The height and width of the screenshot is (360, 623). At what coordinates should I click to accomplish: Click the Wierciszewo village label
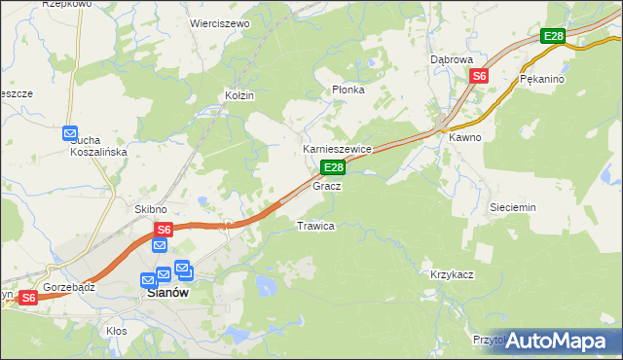pyautogui.click(x=220, y=22)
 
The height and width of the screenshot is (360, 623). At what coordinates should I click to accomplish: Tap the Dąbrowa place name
pyautogui.click(x=452, y=59)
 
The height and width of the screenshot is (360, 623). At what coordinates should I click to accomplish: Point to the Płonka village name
pyautogui.click(x=348, y=90)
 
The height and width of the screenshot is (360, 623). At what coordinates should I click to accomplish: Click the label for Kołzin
pyautogui.click(x=239, y=95)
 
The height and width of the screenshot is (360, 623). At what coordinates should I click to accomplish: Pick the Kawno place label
pyautogui.click(x=465, y=137)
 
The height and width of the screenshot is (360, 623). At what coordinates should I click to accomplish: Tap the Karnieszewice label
pyautogui.click(x=337, y=149)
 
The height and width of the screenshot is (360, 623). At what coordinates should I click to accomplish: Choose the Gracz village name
pyautogui.click(x=326, y=185)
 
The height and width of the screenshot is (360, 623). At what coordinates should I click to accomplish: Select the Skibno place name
pyautogui.click(x=151, y=209)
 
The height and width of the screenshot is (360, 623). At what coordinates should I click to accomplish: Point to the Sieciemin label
pyautogui.click(x=513, y=207)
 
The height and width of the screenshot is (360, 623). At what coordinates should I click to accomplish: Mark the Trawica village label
pyautogui.click(x=315, y=226)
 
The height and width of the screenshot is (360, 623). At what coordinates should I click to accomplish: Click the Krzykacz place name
pyautogui.click(x=452, y=274)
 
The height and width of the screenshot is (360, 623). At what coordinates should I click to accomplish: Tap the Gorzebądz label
pyautogui.click(x=68, y=289)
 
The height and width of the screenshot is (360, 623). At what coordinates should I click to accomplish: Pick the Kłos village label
pyautogui.click(x=117, y=331)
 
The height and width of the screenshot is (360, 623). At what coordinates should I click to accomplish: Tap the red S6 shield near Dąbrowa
pyautogui.click(x=479, y=76)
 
